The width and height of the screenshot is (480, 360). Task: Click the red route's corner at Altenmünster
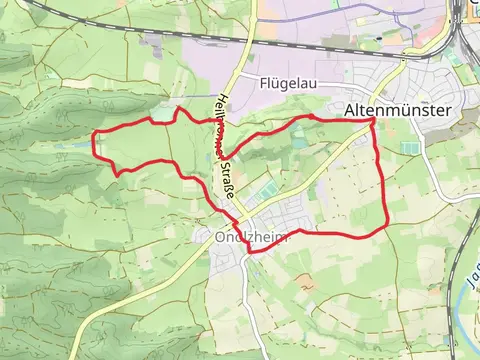[x=373, y=119]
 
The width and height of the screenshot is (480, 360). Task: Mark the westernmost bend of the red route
[x=94, y=146]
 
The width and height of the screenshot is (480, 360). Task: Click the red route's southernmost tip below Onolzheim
[x=250, y=252]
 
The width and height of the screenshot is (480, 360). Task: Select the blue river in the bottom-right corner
[x=462, y=300]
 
